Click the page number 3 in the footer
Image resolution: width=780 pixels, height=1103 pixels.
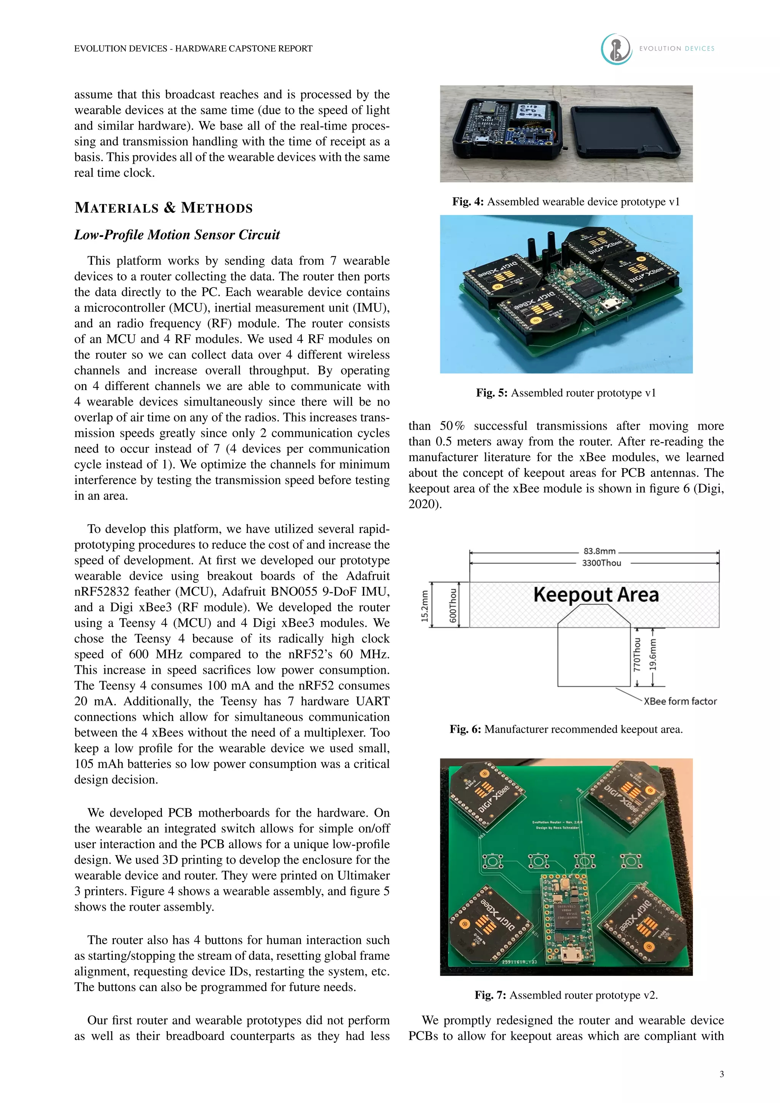pyautogui.click(x=721, y=1074)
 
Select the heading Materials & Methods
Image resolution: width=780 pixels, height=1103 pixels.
pyautogui.click(x=163, y=208)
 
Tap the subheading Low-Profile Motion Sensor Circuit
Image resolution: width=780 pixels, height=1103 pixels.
pyautogui.click(x=177, y=235)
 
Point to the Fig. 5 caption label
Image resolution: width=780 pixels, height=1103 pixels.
pyautogui.click(x=491, y=393)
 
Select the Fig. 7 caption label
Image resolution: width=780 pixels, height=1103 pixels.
pyautogui.click(x=490, y=995)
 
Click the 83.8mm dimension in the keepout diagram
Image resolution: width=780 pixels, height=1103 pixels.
pyautogui.click(x=599, y=551)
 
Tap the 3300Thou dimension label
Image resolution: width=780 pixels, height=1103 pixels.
pyautogui.click(x=601, y=563)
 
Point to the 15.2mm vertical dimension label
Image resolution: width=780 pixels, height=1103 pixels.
pyautogui.click(x=425, y=606)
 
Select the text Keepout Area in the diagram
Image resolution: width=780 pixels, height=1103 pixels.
pyautogui.click(x=596, y=595)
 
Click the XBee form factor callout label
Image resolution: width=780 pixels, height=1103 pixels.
pyautogui.click(x=680, y=702)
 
